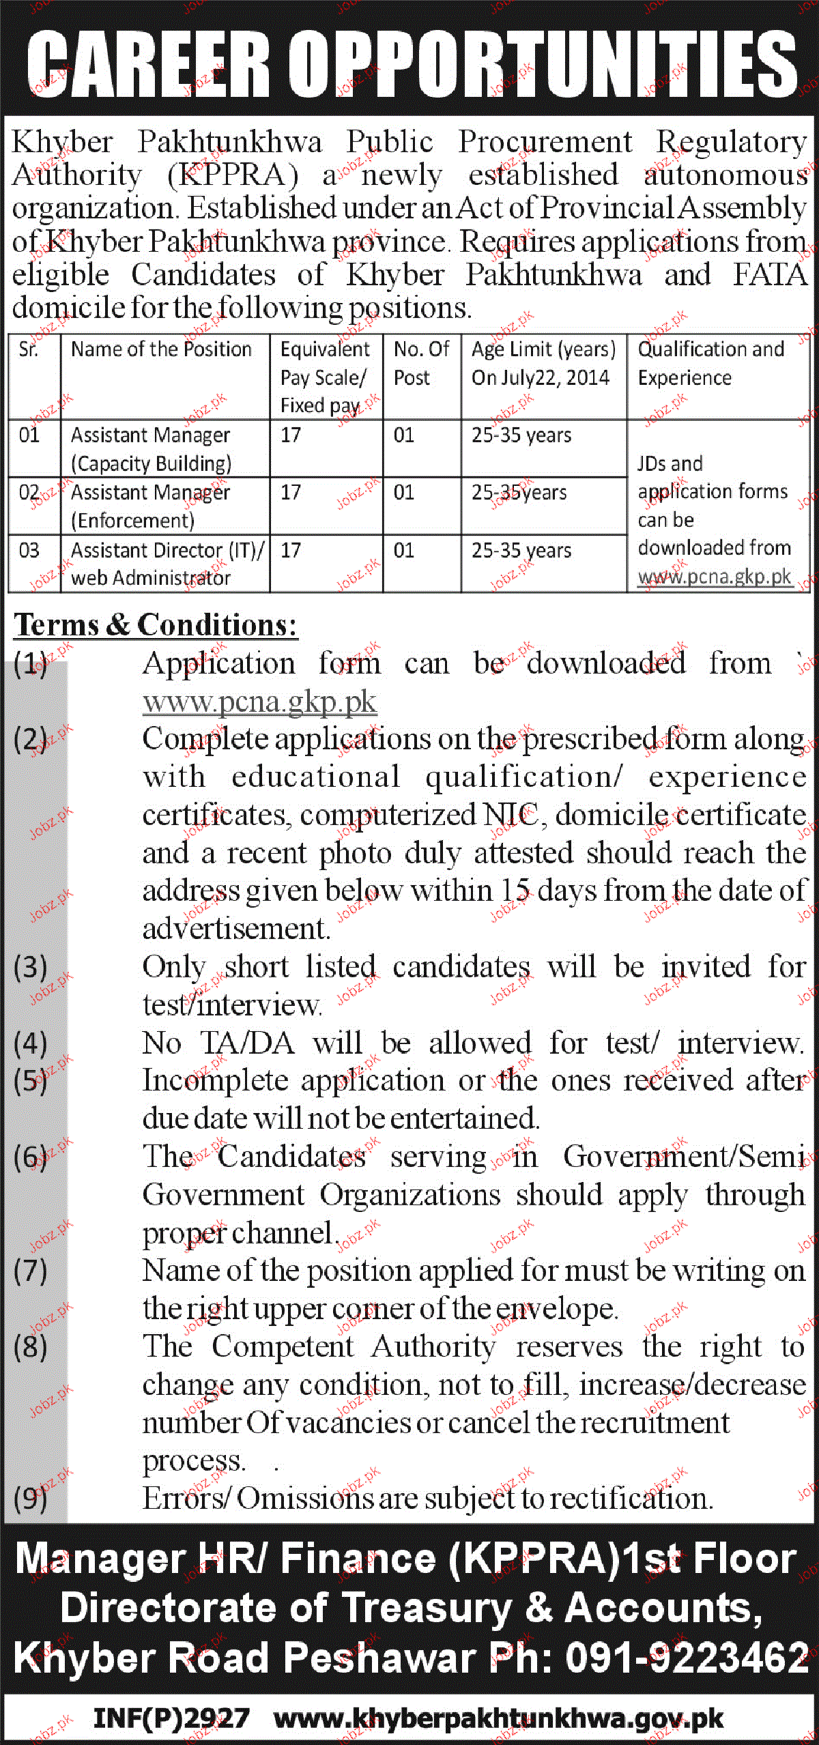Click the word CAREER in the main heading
coord(149,64)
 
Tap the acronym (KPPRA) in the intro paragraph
coord(233,175)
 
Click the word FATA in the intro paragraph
coord(770,275)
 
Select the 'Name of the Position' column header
coord(161,349)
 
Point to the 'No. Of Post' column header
coord(420,363)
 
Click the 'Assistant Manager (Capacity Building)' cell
coord(151,449)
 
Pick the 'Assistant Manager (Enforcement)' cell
coord(150,506)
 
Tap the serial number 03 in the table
coord(29,550)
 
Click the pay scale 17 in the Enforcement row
coord(291,492)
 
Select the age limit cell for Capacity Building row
coord(521,435)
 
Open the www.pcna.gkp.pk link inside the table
coord(715,577)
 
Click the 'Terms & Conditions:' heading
coord(156,624)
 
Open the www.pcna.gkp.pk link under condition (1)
coord(259,702)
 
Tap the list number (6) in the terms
coord(31,1157)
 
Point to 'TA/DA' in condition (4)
coord(247,1043)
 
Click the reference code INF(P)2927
coord(171,1718)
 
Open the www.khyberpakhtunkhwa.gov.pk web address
coord(498,1718)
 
